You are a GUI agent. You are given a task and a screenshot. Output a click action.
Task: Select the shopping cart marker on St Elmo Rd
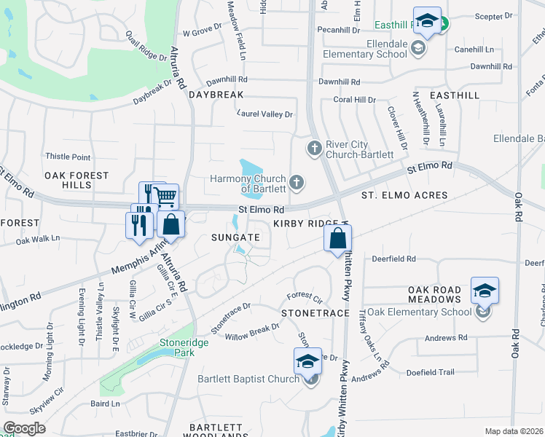(166, 196)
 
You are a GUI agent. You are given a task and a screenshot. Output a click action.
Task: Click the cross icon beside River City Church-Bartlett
(315, 149)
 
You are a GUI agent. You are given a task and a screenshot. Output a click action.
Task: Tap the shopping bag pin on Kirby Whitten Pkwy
(338, 238)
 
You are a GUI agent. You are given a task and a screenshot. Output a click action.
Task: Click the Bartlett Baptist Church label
(248, 379)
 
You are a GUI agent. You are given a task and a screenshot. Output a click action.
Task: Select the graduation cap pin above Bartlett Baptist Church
(307, 361)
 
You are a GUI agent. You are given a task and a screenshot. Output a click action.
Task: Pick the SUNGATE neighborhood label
(235, 237)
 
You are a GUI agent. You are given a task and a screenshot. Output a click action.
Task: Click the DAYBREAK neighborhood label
(213, 95)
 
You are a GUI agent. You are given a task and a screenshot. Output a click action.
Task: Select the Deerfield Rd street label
(393, 259)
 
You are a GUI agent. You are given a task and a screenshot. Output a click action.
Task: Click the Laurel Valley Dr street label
(265, 114)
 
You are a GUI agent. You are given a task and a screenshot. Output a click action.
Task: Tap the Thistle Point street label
(68, 157)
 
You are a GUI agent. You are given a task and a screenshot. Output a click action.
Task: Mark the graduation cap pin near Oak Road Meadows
(485, 291)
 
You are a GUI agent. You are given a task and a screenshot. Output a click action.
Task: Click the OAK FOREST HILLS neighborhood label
(77, 180)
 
